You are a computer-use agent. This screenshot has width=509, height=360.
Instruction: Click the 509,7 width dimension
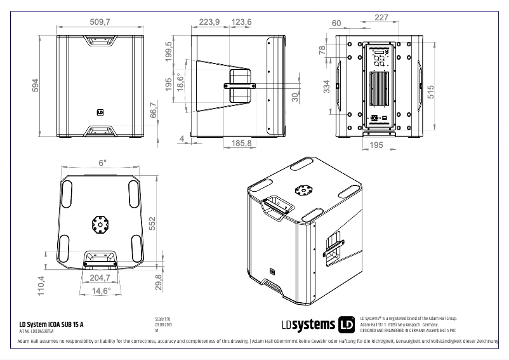tap(100, 22)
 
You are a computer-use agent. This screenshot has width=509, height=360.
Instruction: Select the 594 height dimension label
tap(36, 85)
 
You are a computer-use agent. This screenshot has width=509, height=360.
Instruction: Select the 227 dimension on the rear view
tap(381, 17)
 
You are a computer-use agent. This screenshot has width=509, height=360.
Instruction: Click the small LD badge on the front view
tap(100, 114)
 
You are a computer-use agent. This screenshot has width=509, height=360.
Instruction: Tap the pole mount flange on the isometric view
tap(303, 191)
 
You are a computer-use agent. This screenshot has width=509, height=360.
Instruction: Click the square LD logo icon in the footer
tap(347, 324)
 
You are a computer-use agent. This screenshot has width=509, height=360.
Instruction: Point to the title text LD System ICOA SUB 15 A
tap(48, 324)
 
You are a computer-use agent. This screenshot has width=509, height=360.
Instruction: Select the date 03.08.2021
tap(163, 324)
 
